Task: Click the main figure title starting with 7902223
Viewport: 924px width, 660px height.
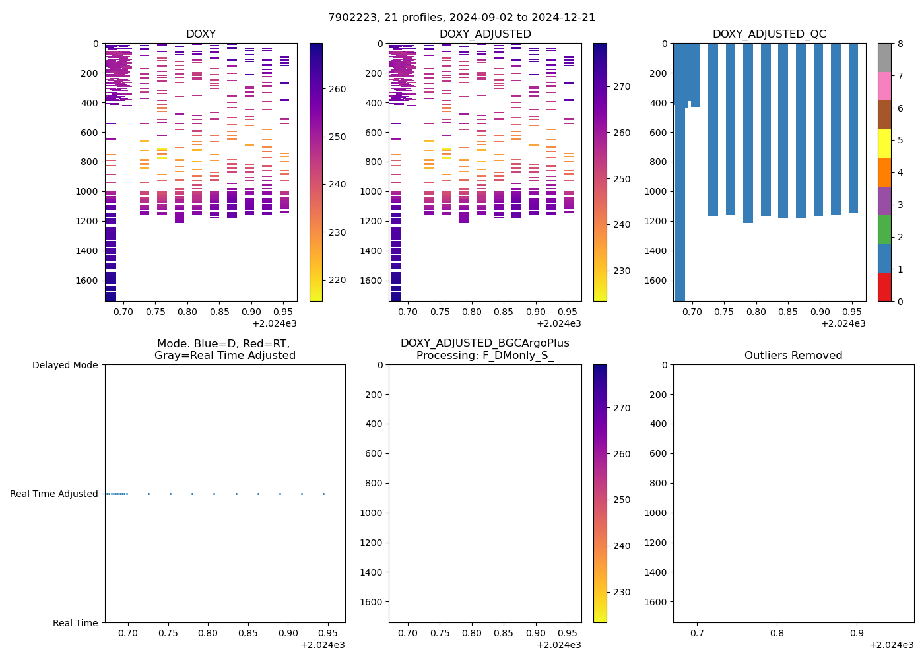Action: coord(462,18)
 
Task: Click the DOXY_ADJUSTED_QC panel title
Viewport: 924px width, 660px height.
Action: coord(769,34)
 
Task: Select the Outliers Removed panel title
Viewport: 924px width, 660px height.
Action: coord(793,356)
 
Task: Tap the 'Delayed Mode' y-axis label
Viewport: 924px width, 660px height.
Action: coord(65,365)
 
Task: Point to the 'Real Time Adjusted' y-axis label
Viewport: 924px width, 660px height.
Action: coord(54,494)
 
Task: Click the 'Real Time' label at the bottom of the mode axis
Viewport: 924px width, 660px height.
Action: coord(75,623)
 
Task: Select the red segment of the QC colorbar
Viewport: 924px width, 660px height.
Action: coord(884,287)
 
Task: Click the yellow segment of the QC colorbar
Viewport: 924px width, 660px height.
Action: coord(884,143)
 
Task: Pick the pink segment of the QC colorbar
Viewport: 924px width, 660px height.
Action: coord(884,86)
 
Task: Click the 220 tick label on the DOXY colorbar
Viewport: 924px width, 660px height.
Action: coord(337,280)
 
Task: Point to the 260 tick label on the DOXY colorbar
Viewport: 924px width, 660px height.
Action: coord(337,89)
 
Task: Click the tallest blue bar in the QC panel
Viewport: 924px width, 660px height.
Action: coord(680,198)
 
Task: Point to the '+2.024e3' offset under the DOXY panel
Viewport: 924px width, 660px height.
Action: coord(274,323)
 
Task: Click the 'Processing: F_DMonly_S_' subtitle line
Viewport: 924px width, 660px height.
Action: coord(484,356)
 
